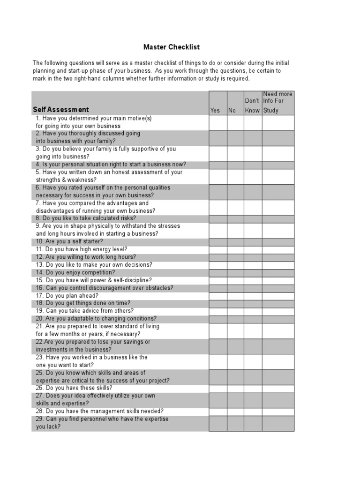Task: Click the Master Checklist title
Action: [x=171, y=47]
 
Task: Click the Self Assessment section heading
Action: [x=61, y=110]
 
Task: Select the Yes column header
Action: [x=215, y=111]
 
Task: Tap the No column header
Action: [x=232, y=111]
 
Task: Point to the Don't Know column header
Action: [x=252, y=106]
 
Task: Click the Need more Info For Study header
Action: [x=278, y=102]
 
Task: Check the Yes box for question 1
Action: [x=218, y=122]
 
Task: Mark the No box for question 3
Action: [x=235, y=153]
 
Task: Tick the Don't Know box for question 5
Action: [x=253, y=176]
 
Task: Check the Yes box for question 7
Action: [x=218, y=207]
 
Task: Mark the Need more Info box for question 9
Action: [x=278, y=230]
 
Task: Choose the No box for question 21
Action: [x=235, y=330]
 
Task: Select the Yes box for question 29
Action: [x=218, y=423]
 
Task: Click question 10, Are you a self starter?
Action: [x=69, y=241]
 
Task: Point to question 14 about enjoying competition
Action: [x=75, y=272]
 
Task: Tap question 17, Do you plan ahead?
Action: [x=67, y=295]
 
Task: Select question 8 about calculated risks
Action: [x=85, y=218]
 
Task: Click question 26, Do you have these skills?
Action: [x=74, y=388]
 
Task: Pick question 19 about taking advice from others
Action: [x=84, y=311]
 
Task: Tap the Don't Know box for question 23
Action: [x=253, y=361]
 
